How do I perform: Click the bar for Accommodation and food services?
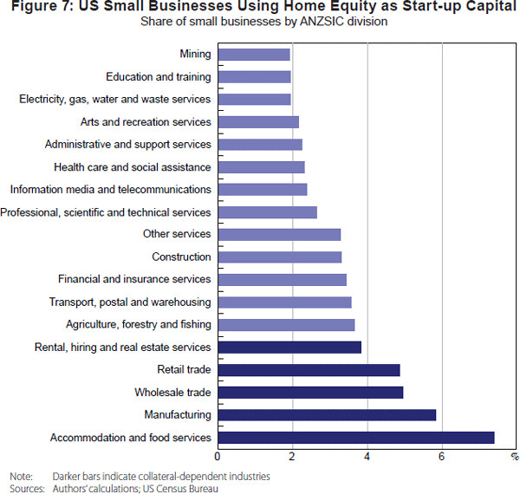tap(355, 438)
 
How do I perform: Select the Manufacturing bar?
tap(326, 415)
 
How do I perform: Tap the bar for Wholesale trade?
tap(309, 393)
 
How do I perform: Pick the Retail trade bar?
tap(309, 370)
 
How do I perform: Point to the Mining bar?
tap(253, 55)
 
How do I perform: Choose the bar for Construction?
tap(279, 257)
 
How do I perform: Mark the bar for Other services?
tap(278, 234)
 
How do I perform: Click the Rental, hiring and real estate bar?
tap(289, 348)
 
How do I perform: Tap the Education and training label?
tap(158, 77)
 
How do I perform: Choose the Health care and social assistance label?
tap(132, 167)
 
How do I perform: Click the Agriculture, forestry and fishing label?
tap(138, 325)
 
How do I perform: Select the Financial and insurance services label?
tap(134, 279)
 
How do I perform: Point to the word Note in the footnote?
tap(21, 477)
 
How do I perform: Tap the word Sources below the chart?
tap(27, 489)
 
